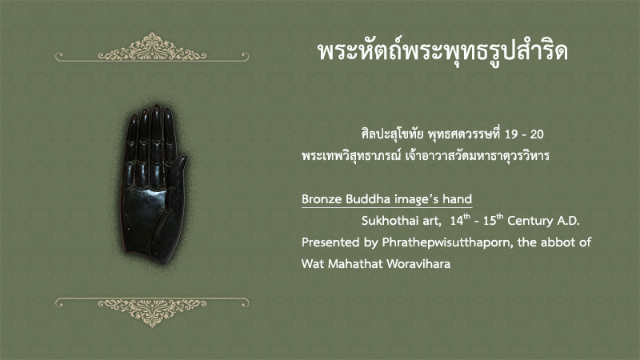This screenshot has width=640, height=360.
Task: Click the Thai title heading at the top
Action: click(443, 53)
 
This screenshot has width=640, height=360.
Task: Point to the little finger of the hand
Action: click(131, 138)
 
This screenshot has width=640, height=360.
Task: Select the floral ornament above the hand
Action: click(152, 48)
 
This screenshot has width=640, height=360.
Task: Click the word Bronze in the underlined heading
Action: click(322, 199)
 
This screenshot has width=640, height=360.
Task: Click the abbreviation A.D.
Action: click(568, 221)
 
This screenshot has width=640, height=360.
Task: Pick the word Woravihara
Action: click(418, 264)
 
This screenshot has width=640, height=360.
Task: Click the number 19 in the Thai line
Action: click(510, 134)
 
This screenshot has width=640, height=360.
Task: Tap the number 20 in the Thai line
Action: click(537, 134)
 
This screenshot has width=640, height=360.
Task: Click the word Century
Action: click(530, 222)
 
